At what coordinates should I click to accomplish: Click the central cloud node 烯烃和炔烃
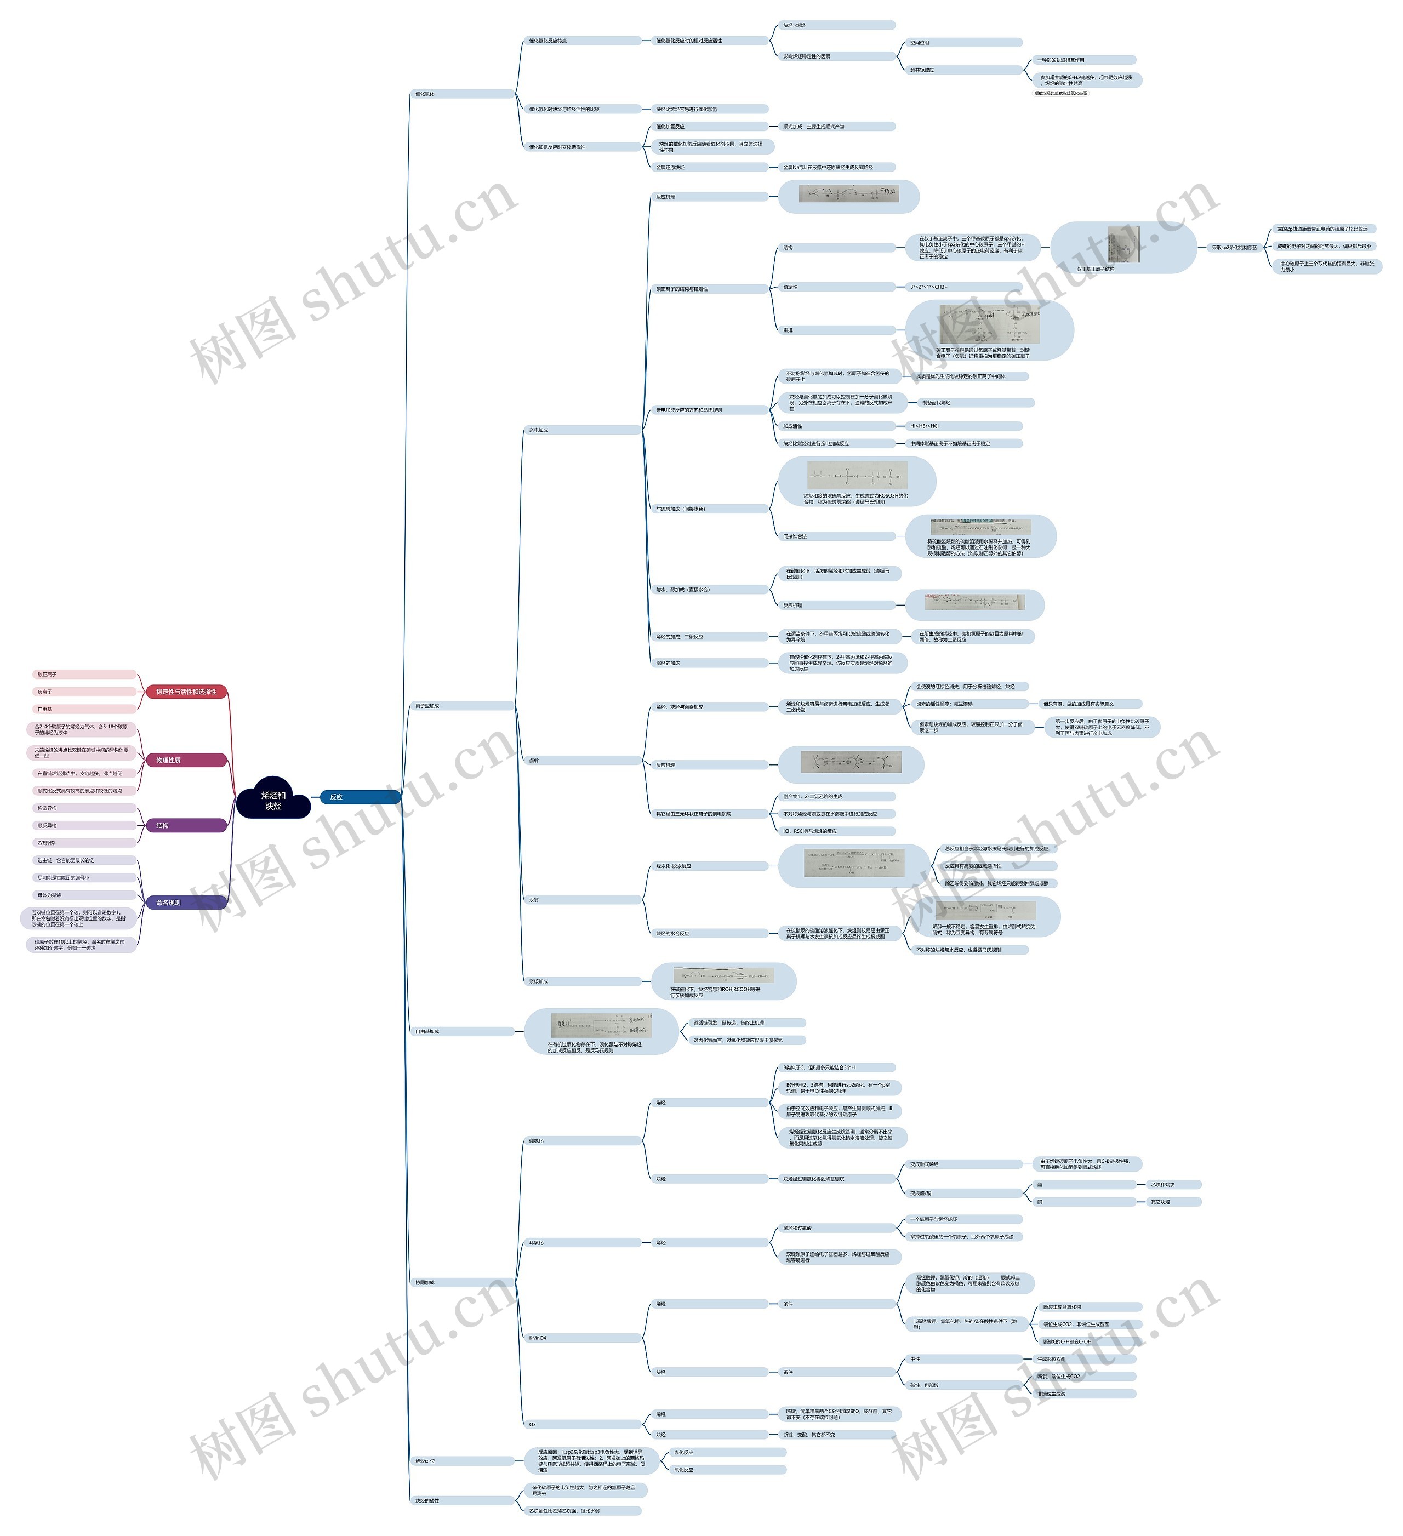pos(273,800)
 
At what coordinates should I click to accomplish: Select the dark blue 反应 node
pos(360,797)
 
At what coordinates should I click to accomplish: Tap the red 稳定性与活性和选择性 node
pos(186,692)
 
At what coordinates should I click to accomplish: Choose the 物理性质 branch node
pos(186,761)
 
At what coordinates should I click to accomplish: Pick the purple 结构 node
pos(186,825)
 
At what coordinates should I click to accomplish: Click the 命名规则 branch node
pos(186,903)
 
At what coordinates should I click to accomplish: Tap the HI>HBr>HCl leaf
pos(964,426)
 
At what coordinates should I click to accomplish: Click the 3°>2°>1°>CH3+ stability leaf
pos(964,287)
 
